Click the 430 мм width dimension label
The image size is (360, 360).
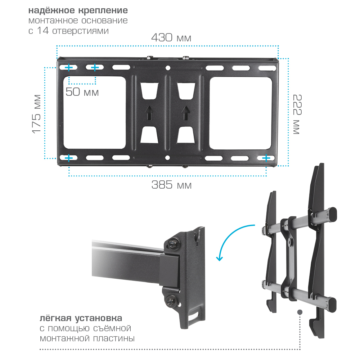(x=171, y=37)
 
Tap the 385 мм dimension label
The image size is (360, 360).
(x=171, y=185)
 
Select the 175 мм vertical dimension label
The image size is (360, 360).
(x=36, y=114)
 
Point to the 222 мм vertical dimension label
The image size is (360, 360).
(x=297, y=114)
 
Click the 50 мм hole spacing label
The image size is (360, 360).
(x=82, y=92)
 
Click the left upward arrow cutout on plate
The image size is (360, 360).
(x=149, y=112)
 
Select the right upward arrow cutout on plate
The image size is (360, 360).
(x=186, y=112)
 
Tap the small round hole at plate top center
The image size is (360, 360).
(x=168, y=68)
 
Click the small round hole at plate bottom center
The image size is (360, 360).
(x=167, y=158)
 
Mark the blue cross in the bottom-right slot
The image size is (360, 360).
(x=266, y=158)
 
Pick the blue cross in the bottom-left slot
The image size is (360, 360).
(x=69, y=158)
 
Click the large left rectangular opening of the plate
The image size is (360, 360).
(x=95, y=112)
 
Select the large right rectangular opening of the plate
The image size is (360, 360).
(x=240, y=113)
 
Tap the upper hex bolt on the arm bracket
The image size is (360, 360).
(x=173, y=243)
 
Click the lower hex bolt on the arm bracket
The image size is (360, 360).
(x=170, y=300)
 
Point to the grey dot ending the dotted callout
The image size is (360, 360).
(x=300, y=312)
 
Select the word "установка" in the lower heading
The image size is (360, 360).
(x=99, y=319)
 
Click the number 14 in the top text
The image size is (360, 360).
(x=43, y=31)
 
